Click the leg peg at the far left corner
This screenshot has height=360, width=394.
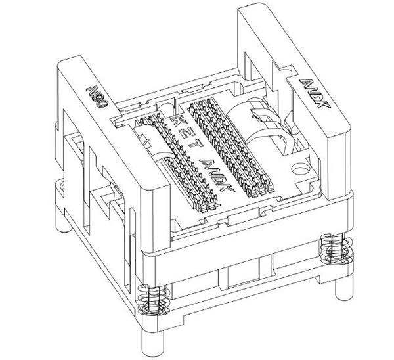(x=62, y=223)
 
